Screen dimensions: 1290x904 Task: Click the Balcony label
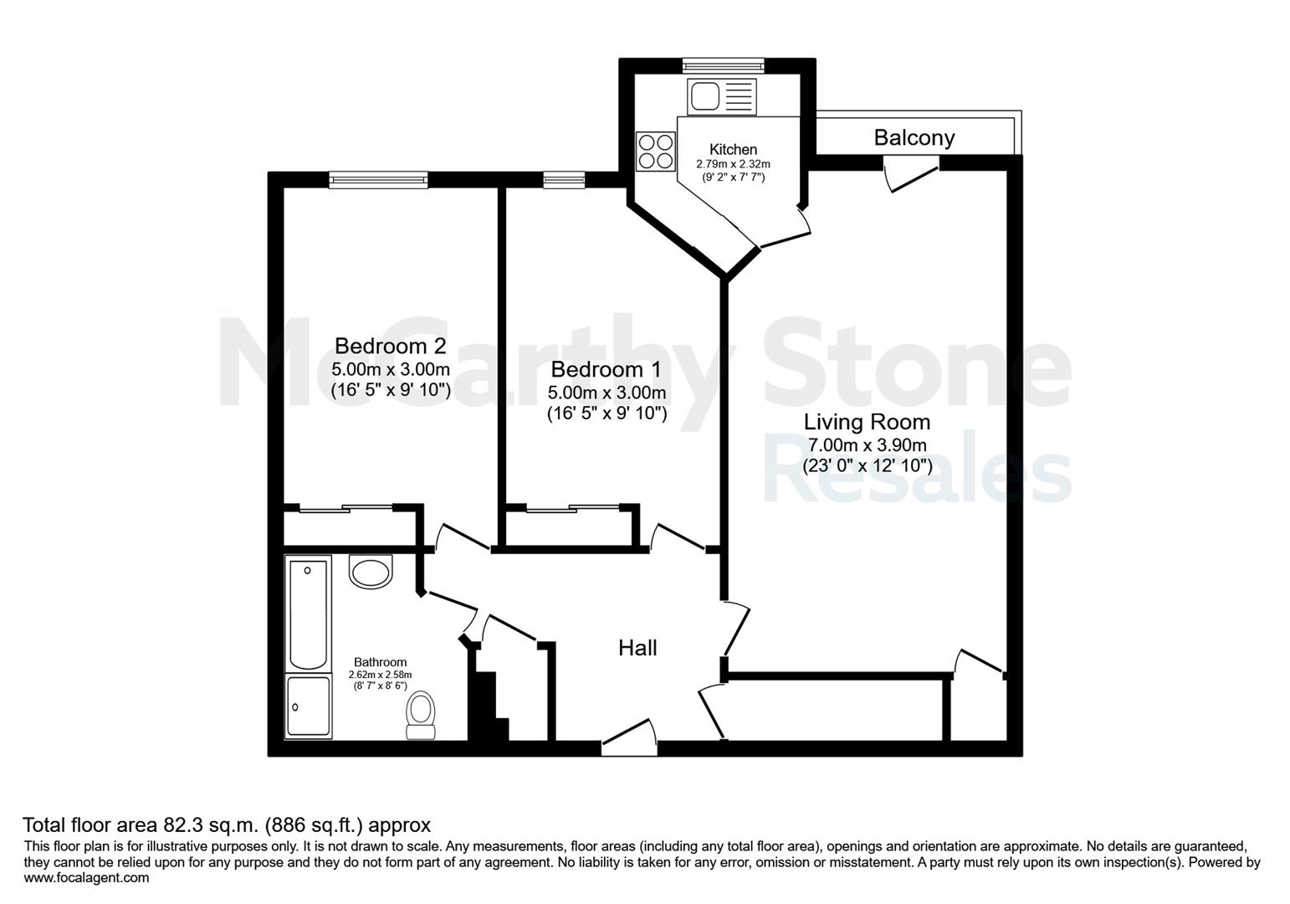pos(914,138)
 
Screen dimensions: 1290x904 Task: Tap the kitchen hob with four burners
pos(655,152)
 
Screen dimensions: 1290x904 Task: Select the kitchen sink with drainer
pos(722,96)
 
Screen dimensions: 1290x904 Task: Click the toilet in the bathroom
pos(421,716)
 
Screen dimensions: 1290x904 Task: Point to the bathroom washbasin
pos(371,571)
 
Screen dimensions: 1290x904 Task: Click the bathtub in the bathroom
pos(308,613)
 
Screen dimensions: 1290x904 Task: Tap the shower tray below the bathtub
pos(309,706)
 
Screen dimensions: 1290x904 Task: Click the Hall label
pos(637,648)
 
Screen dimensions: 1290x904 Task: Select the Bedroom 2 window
pos(378,180)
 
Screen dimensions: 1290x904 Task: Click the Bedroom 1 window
pos(565,180)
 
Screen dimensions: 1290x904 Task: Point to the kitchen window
pos(724,65)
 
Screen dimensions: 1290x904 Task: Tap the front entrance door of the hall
pos(629,737)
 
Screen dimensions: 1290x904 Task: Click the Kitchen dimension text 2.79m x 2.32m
pos(733,164)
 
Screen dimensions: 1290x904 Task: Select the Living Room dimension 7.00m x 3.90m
pos(868,444)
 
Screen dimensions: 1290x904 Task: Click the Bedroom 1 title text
pos(607,369)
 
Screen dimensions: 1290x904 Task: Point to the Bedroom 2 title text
pos(391,346)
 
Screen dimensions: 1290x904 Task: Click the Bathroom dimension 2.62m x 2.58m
pos(380,675)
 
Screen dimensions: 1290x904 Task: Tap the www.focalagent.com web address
pos(86,878)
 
